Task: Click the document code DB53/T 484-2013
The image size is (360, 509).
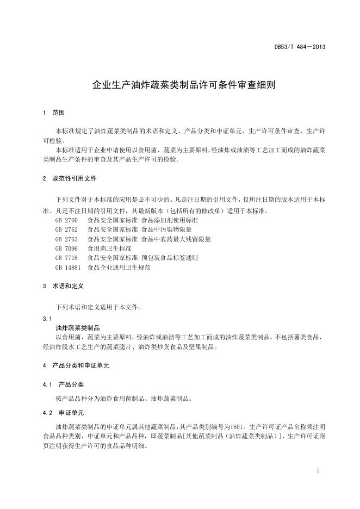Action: (300, 47)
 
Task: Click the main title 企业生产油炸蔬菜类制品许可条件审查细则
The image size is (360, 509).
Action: (180, 85)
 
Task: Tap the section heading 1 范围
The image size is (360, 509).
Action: (53, 113)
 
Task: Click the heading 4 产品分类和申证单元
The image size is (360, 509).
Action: (76, 365)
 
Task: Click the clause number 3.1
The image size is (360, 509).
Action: (47, 318)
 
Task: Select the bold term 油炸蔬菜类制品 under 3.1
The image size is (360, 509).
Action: (78, 328)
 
